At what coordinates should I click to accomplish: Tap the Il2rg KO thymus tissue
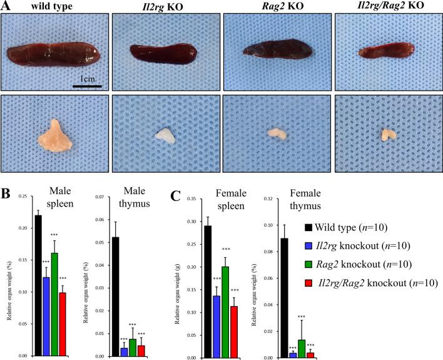click(165, 136)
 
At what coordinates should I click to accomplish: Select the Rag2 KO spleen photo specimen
click(275, 53)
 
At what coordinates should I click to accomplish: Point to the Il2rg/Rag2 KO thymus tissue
click(387, 134)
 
